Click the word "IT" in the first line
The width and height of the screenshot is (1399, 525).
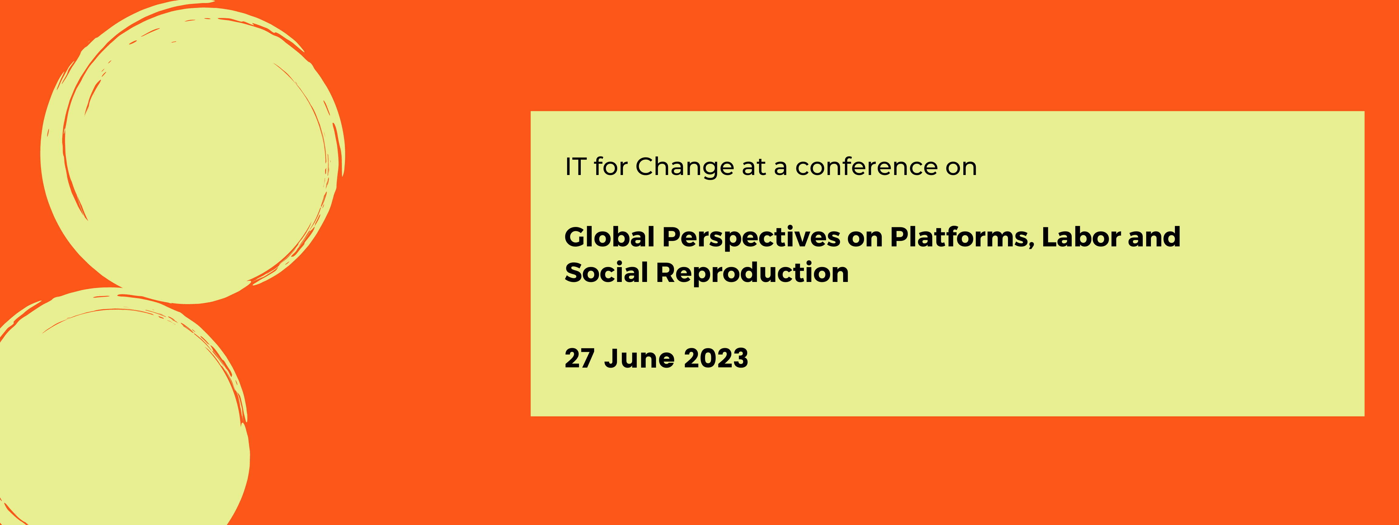point(575,167)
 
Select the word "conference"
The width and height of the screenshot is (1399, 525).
point(866,167)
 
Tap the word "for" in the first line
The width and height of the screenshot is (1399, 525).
point(611,167)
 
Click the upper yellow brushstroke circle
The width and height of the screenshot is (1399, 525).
point(193,152)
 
